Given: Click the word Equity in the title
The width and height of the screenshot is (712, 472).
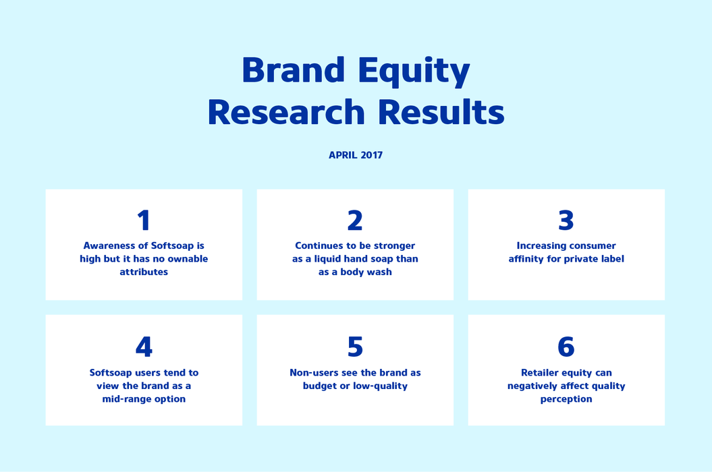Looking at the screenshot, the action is coord(414,71).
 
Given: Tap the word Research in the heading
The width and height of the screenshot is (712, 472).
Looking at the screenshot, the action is coord(286,112).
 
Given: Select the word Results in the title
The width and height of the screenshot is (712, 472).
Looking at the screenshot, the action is coord(441,112).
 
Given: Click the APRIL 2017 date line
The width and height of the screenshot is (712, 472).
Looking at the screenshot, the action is coord(356,155).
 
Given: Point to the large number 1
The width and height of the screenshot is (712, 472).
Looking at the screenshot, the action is coord(144,220).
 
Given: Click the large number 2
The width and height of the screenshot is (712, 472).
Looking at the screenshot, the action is coord(355,220).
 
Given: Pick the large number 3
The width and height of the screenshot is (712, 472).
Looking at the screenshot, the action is coord(566,220).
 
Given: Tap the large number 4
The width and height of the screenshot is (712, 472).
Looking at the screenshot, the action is coord(144,347).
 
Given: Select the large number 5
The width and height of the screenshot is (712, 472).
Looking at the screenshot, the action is coord(355,347).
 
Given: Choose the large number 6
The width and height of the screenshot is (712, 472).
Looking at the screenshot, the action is coord(566,347).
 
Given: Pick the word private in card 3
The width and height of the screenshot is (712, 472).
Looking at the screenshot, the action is coord(582,259).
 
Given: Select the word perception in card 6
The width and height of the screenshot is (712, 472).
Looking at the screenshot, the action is coord(566,399).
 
